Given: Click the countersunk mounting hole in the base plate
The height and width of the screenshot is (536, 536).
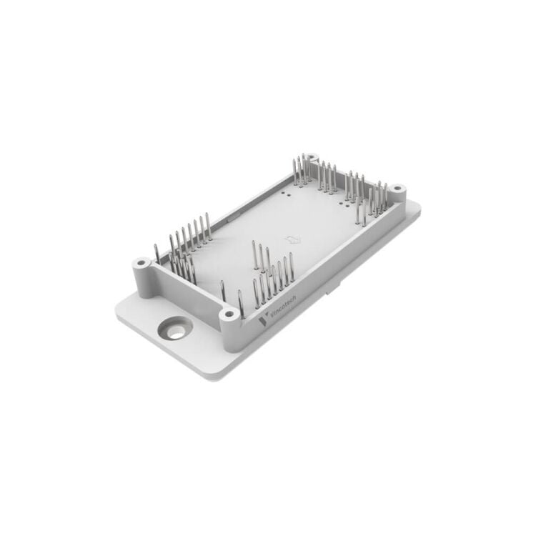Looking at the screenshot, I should click(174, 329).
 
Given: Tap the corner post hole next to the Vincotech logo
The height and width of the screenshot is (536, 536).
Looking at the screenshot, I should click(229, 314).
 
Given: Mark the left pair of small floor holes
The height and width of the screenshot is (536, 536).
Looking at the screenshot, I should click(287, 193).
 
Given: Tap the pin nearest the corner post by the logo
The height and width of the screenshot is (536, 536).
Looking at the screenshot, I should click(240, 304).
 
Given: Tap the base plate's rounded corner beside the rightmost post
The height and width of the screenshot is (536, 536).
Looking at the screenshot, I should click(417, 207).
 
